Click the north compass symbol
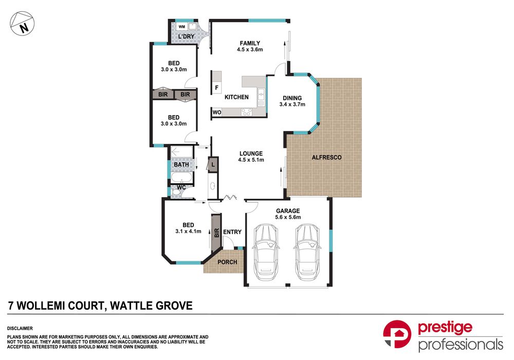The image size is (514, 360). coord(22,24)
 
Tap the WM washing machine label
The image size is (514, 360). coord(182,27)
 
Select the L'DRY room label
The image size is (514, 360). coord(186,36)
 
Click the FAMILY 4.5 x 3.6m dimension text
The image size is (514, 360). coord(250,49)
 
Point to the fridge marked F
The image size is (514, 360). coord(216,87)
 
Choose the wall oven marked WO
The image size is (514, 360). coord(217,112)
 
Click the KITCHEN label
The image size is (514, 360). coord(236,97)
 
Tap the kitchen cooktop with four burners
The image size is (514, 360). coord(247,112)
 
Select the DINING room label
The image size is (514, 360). coord(292,98)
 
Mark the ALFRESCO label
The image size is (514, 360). coord(326,157)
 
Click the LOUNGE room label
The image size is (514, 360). coord(251,154)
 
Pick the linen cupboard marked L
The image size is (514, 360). coord(213,164)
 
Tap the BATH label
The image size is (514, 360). coord(181,164)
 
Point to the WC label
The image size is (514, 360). coord(181,187)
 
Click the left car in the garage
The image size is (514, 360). coord(266,252)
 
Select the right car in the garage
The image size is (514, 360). coord(307,252)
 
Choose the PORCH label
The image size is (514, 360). coord(227,262)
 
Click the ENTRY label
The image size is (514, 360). coord(232,232)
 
